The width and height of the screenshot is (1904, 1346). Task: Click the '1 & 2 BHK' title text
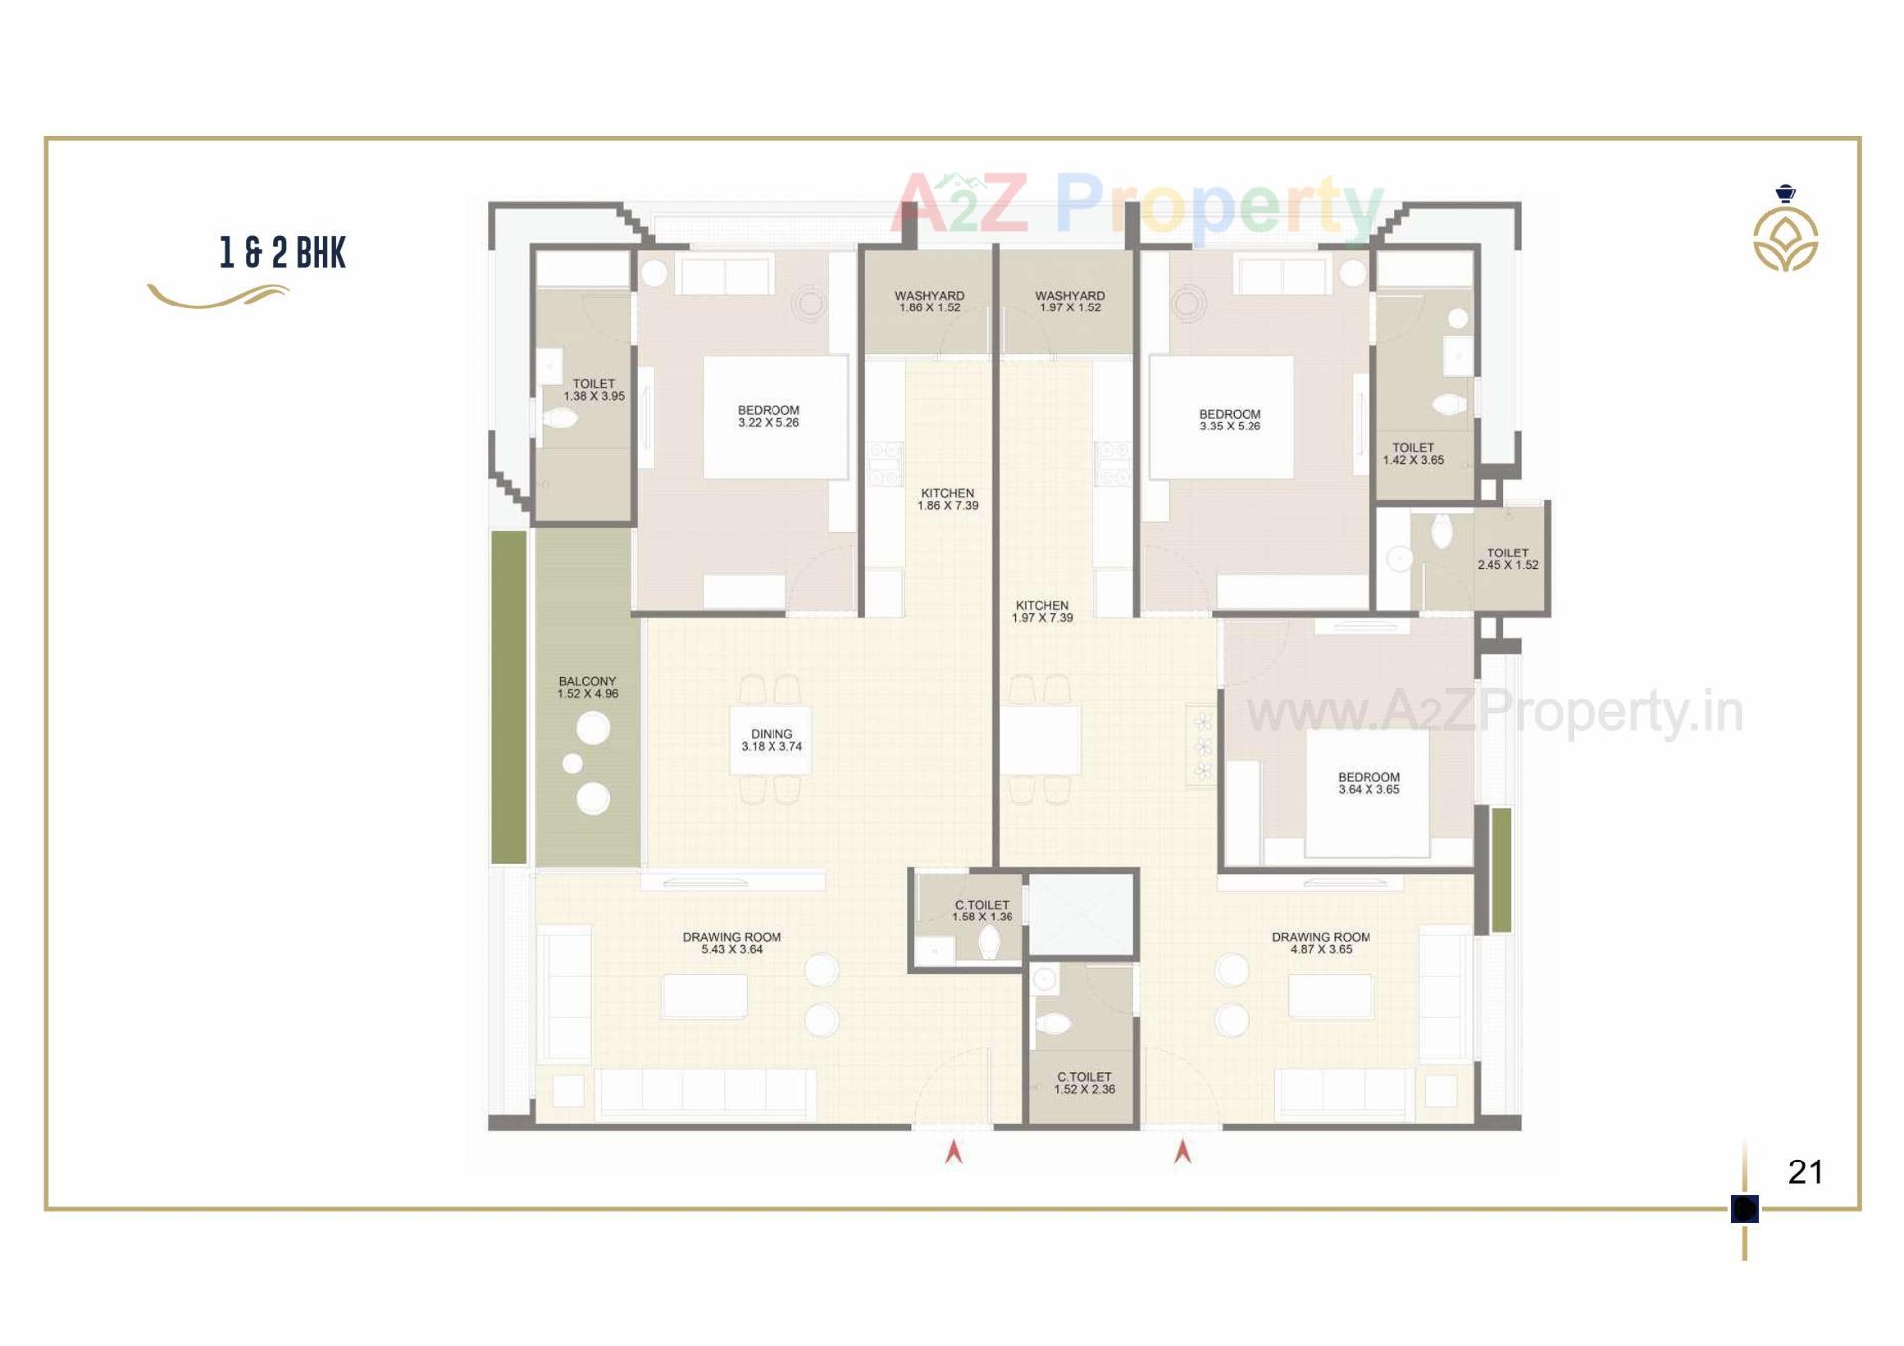pyautogui.click(x=283, y=253)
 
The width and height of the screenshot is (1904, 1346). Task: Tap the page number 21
pyautogui.click(x=1805, y=1172)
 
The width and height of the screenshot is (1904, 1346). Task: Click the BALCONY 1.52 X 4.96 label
pyautogui.click(x=587, y=688)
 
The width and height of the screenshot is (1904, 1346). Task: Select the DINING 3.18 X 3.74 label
pyautogui.click(x=771, y=741)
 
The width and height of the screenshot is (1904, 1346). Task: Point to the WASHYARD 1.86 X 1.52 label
pyautogui.click(x=929, y=302)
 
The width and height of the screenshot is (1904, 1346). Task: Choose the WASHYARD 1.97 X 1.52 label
pyautogui.click(x=1069, y=302)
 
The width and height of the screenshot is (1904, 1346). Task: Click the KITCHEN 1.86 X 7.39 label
pyautogui.click(x=947, y=499)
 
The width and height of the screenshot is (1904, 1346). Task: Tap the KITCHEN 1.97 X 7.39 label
pyautogui.click(x=1042, y=611)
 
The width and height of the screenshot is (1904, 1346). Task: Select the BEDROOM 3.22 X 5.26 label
pyautogui.click(x=768, y=416)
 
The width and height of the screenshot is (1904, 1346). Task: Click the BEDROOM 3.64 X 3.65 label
pyautogui.click(x=1368, y=784)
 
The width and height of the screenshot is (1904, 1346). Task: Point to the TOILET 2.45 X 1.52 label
pyautogui.click(x=1507, y=559)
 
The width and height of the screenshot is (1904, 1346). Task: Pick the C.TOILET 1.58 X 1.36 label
pyautogui.click(x=982, y=911)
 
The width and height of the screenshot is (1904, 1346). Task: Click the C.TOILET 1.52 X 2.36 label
pyautogui.click(x=1084, y=1083)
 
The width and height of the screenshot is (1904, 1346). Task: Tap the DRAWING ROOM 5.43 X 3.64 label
pyautogui.click(x=732, y=943)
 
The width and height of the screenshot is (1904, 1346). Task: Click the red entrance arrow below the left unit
pyautogui.click(x=953, y=1152)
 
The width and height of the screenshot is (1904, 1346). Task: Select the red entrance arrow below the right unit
pyautogui.click(x=1182, y=1152)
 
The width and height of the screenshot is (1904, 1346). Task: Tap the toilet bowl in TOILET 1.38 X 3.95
pyautogui.click(x=558, y=418)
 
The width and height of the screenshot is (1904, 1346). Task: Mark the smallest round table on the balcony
pyautogui.click(x=572, y=763)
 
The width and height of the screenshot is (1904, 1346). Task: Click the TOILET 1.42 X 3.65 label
pyautogui.click(x=1413, y=454)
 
